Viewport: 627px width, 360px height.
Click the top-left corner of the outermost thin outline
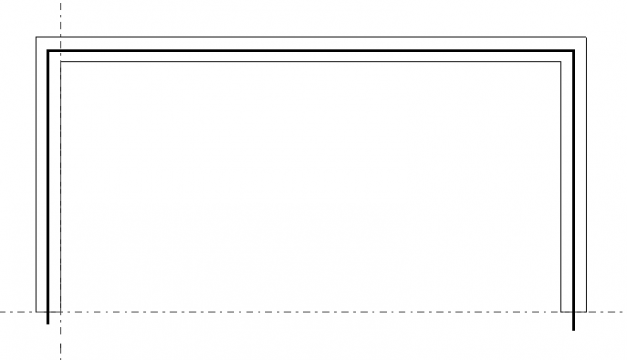tap(36, 37)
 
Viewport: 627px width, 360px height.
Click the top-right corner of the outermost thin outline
tap(586, 37)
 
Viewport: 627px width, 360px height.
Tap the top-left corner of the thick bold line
tap(47, 51)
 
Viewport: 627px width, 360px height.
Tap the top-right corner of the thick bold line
tap(573, 51)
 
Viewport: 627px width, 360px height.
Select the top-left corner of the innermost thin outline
tap(60, 63)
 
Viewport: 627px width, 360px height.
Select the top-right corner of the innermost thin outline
tap(560, 63)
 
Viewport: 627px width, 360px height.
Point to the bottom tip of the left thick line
tap(47, 325)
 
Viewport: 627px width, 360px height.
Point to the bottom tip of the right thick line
tap(573, 330)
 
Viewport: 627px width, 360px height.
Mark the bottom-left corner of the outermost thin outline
tap(36, 311)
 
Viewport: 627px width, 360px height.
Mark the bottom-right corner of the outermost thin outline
tap(586, 311)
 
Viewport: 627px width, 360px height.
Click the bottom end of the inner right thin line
tap(560, 311)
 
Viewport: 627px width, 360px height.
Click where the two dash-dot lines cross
tap(60, 311)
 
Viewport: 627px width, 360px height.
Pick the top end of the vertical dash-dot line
tap(60, 1)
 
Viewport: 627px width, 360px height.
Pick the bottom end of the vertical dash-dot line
tap(60, 359)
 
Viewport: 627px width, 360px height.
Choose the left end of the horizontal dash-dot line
tap(1, 311)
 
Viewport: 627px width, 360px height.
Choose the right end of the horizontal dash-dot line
tap(625, 311)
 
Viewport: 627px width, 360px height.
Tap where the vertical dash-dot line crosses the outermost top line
tap(60, 37)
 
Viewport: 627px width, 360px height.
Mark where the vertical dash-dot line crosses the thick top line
tap(60, 51)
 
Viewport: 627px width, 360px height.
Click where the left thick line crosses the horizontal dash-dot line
tap(47, 311)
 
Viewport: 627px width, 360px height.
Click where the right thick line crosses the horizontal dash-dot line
tap(573, 311)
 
